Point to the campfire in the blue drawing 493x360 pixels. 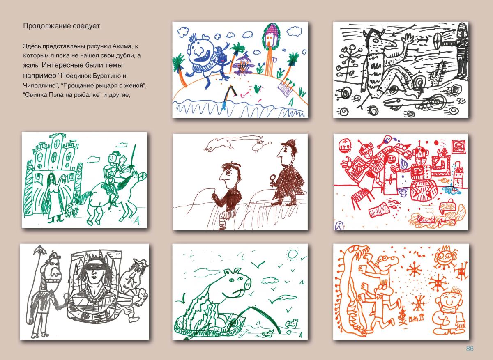pyautogui.click(x=242, y=66)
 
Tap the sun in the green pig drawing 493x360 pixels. pyautogui.click(x=293, y=254)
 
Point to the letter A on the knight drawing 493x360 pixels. pyautogui.click(x=137, y=220)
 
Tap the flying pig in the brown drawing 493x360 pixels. pyautogui.click(x=259, y=146)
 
